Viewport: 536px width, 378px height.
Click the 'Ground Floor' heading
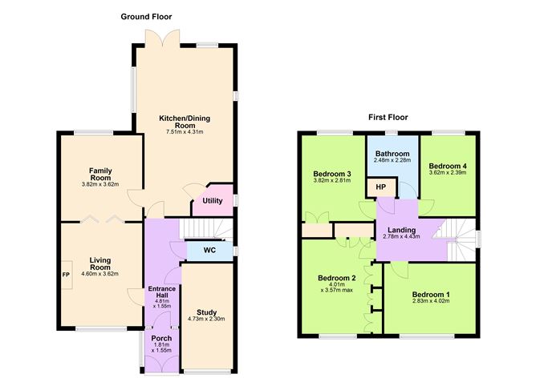point(146,17)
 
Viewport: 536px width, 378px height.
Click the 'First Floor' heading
point(388,117)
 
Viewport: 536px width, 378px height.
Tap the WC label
point(209,251)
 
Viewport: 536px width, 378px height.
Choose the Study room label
point(206,312)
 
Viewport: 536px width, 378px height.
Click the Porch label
point(161,338)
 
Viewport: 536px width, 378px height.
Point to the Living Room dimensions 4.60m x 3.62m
point(100,274)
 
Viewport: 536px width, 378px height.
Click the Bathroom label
point(392,154)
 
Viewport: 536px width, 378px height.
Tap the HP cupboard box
point(380,187)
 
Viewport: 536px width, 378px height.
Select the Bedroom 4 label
point(447,166)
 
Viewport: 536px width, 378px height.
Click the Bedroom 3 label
point(332,174)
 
